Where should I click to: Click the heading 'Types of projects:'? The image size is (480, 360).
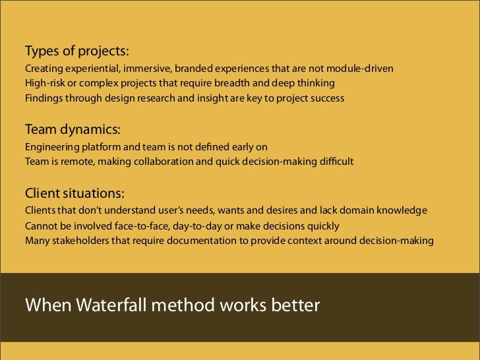(77, 51)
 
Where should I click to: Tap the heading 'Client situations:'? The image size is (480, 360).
(75, 195)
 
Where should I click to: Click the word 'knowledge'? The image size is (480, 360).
(403, 211)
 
